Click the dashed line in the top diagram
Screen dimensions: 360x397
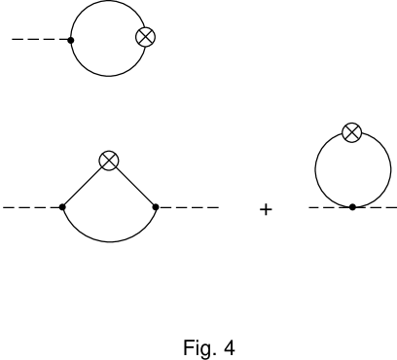point(39,40)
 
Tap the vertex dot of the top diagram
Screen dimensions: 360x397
point(71,40)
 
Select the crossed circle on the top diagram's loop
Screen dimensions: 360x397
point(145,38)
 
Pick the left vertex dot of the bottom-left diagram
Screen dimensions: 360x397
point(62,206)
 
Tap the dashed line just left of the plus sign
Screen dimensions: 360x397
point(189,206)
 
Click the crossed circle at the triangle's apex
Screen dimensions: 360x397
point(109,162)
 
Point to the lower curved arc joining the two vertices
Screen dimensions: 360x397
point(109,241)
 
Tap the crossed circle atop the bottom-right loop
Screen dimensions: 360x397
point(351,132)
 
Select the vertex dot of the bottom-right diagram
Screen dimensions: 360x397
point(351,206)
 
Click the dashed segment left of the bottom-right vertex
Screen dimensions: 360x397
point(328,206)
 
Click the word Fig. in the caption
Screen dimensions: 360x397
point(198,347)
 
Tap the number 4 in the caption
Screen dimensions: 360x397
point(229,347)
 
